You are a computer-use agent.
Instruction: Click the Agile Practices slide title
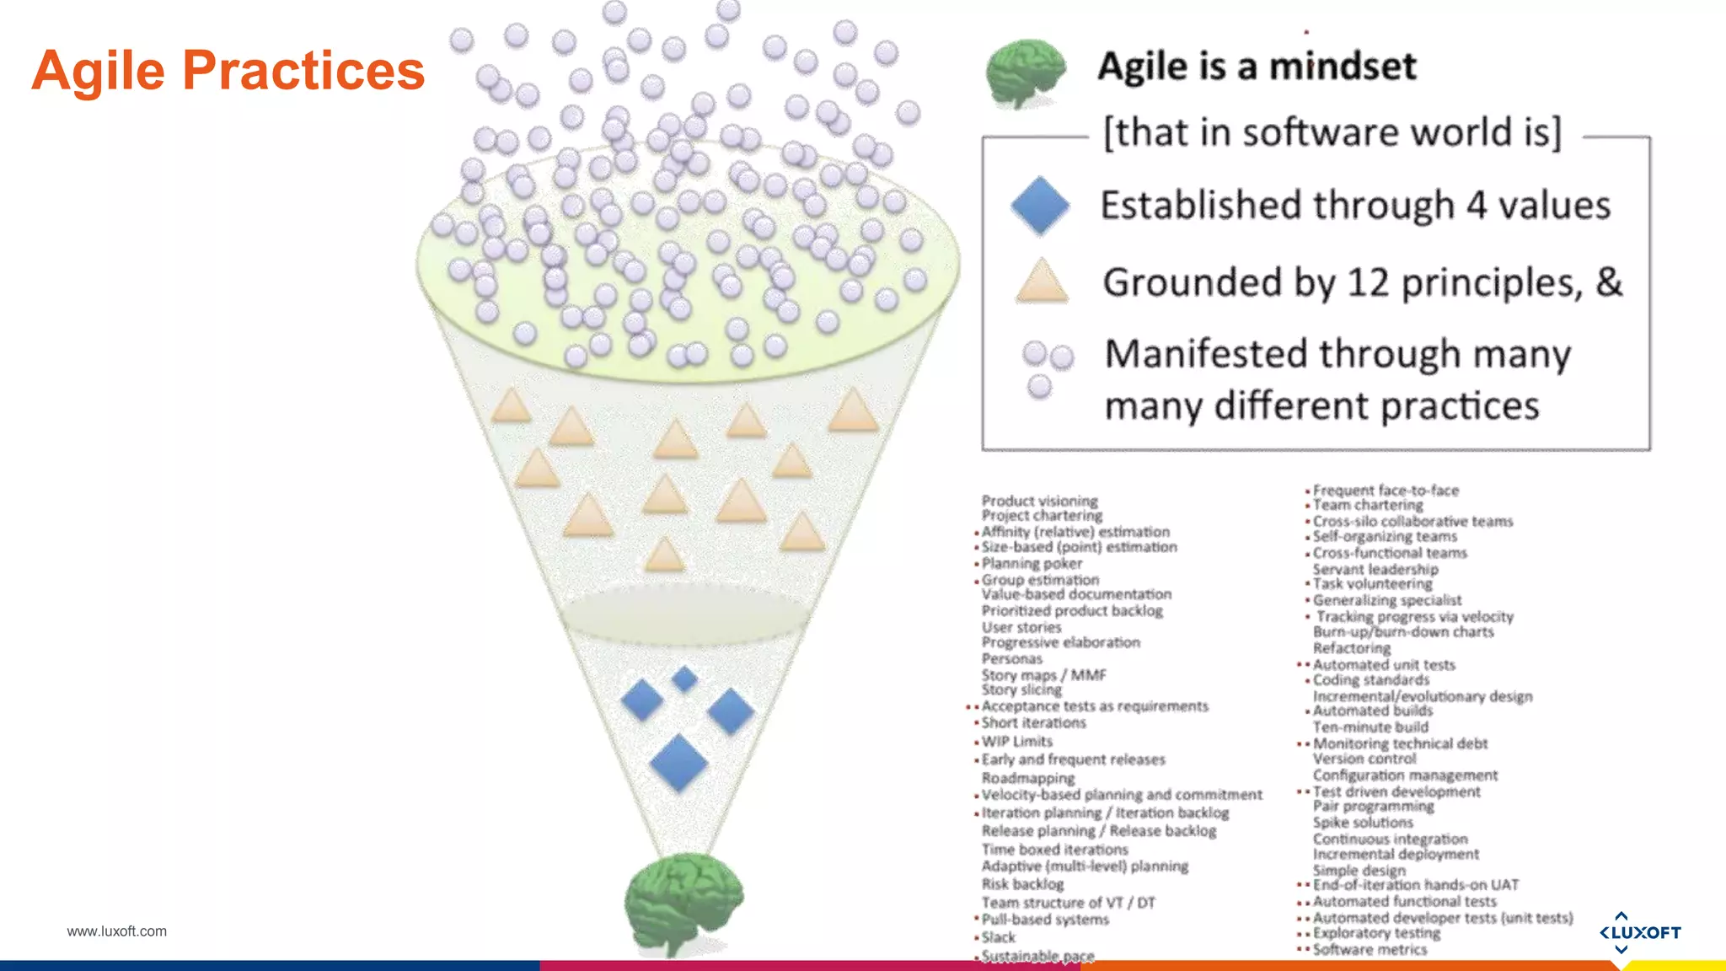coord(228,70)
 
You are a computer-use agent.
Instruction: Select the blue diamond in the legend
coord(1040,206)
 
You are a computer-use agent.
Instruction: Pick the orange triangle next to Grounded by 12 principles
coord(1042,282)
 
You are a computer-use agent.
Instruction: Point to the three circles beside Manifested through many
coord(1045,368)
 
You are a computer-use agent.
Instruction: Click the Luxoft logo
coord(1639,932)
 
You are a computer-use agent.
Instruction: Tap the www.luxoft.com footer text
coord(116,931)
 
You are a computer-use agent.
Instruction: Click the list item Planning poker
coord(1032,563)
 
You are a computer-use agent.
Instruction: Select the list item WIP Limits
coord(1016,742)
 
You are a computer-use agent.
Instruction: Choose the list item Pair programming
coord(1373,807)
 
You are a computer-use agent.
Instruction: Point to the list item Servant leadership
coord(1375,569)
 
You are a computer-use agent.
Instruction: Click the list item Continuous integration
coord(1390,839)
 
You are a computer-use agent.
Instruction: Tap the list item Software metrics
coord(1370,949)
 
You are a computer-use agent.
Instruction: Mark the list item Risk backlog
coord(1022,884)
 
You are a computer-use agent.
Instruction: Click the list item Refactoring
coord(1352,648)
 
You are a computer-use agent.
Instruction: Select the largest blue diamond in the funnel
coord(678,763)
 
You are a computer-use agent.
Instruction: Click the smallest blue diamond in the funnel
coord(684,679)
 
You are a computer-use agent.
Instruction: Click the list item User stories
coord(1021,627)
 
